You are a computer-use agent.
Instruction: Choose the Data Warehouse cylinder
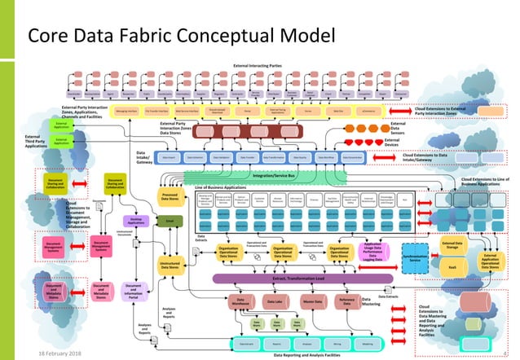coord(241,301)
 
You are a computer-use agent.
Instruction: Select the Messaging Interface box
coord(126,107)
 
